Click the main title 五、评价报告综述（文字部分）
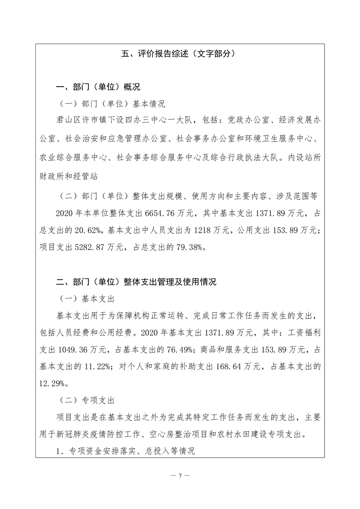click(180, 54)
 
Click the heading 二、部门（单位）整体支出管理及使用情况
click(136, 282)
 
